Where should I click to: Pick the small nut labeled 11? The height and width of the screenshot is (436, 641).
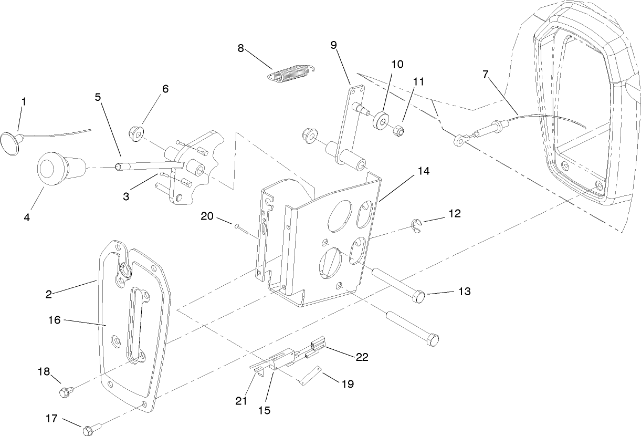click(399, 129)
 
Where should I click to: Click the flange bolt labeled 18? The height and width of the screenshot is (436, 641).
click(66, 391)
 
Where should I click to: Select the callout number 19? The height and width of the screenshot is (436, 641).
click(347, 384)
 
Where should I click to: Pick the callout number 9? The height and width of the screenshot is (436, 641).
click(334, 45)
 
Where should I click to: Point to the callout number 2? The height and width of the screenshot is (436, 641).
click(48, 294)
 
